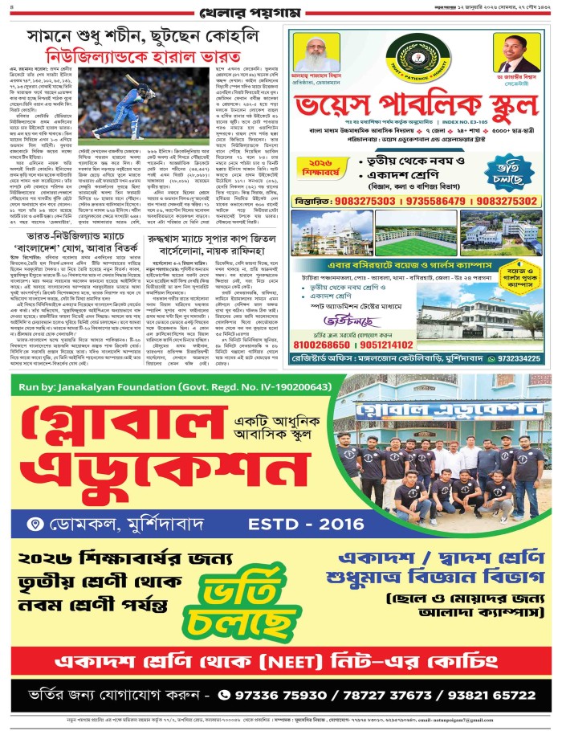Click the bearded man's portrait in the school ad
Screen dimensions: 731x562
click(316, 53)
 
